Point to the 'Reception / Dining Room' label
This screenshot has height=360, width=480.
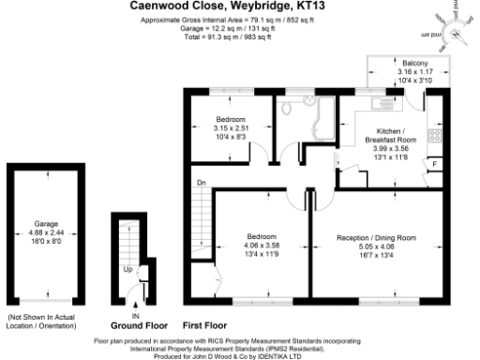[375, 238]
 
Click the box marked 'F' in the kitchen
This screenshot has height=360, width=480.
[433, 166]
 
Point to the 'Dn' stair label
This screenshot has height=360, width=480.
[200, 182]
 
